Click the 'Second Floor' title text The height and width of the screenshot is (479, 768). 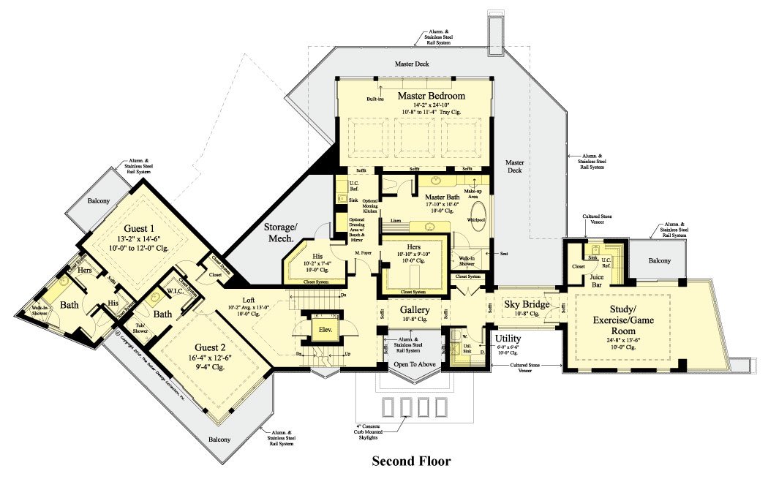[x=411, y=461]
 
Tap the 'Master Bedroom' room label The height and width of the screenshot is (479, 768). [x=431, y=96]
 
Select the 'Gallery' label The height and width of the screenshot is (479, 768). [x=414, y=310]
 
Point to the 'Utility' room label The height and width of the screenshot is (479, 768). [x=508, y=339]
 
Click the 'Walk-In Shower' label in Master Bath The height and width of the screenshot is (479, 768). [x=466, y=262]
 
